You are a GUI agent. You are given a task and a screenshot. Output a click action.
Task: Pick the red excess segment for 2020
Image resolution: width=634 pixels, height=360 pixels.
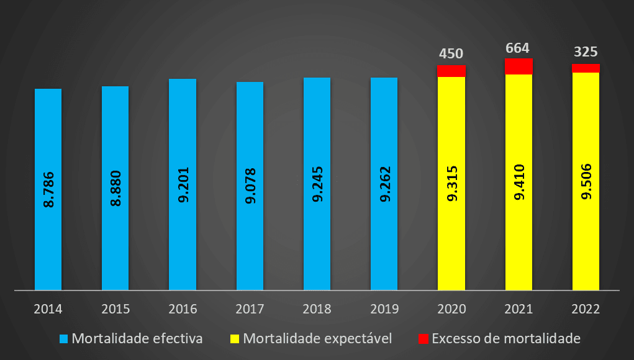point(451,71)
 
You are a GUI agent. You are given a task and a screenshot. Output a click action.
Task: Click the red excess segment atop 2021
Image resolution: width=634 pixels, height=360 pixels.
point(519,66)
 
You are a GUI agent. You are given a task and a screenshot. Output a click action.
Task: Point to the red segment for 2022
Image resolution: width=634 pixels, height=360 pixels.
point(586,68)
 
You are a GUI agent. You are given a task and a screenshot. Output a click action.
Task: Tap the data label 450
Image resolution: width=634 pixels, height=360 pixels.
point(451,54)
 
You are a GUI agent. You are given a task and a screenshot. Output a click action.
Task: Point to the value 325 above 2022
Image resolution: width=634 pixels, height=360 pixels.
point(586,52)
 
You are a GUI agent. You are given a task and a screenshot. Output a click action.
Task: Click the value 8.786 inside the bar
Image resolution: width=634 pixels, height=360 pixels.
point(48,184)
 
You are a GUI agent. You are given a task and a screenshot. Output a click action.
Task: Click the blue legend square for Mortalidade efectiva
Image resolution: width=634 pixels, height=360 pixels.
point(64,339)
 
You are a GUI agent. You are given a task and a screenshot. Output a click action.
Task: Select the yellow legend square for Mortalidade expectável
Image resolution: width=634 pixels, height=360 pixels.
point(235,339)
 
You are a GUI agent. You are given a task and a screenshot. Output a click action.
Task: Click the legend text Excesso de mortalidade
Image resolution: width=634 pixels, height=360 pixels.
point(505,339)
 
